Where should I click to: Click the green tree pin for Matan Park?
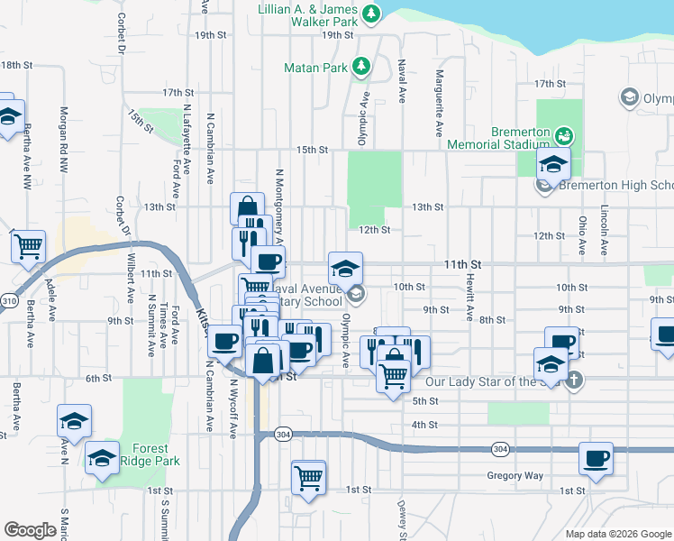(361, 66)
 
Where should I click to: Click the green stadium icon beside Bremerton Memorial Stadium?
(565, 136)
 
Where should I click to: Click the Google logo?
(30, 530)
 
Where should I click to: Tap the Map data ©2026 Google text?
(617, 534)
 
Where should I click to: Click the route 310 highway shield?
(7, 300)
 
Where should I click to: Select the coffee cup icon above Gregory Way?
(596, 457)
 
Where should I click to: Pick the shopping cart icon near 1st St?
(309, 476)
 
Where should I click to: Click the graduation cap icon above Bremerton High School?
(553, 164)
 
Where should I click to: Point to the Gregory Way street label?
(515, 475)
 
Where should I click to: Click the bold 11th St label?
(463, 264)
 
